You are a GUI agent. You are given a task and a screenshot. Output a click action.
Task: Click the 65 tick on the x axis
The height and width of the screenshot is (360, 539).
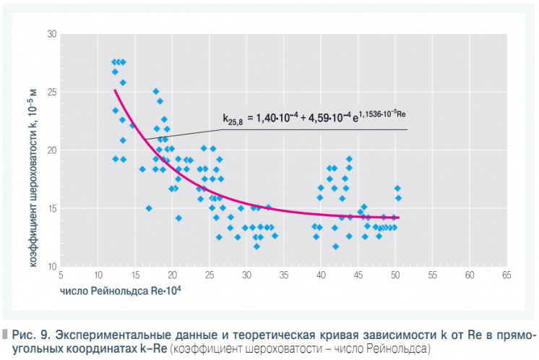tap(506, 275)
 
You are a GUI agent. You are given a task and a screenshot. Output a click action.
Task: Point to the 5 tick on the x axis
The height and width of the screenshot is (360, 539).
tap(61, 275)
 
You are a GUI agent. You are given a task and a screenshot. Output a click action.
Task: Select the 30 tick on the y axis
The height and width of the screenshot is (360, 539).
tap(52, 34)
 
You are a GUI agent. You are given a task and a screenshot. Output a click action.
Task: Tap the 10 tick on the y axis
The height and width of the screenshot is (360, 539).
tap(52, 267)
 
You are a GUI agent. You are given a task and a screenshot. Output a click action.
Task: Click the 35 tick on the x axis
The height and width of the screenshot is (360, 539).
tap(284, 275)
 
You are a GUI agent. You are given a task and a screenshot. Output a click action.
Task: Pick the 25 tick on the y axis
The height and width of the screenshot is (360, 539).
tap(52, 93)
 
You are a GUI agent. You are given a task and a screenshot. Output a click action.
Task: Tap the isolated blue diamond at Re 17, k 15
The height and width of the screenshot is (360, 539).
tap(149, 208)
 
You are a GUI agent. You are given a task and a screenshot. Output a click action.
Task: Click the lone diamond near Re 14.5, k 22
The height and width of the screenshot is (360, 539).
tap(132, 126)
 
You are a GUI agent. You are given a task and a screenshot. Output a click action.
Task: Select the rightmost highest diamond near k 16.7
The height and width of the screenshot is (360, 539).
tap(397, 188)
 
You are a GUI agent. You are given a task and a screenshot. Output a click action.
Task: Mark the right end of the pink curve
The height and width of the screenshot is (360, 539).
tap(398, 218)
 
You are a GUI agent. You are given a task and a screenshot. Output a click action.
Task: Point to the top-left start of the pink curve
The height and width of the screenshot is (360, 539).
tap(115, 90)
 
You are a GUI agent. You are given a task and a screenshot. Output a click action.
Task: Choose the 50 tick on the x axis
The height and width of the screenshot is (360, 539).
tap(395, 275)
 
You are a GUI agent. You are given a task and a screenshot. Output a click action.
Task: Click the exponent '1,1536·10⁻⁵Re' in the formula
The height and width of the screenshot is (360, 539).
tap(384, 112)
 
